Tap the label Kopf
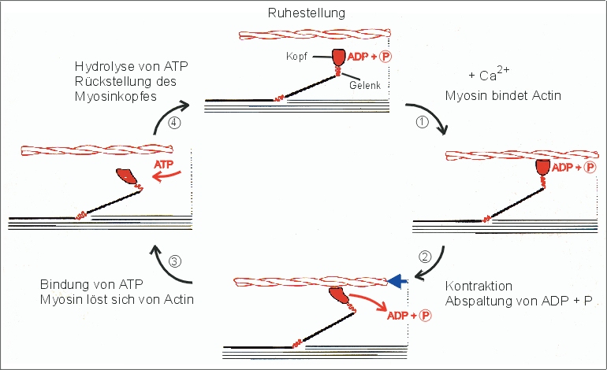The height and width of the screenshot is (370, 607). point(296,57)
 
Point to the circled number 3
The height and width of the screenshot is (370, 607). point(176,262)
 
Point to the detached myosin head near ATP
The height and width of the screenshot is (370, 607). point(127,177)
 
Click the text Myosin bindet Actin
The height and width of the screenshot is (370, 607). point(494,96)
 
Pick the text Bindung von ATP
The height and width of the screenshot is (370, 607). point(85,284)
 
